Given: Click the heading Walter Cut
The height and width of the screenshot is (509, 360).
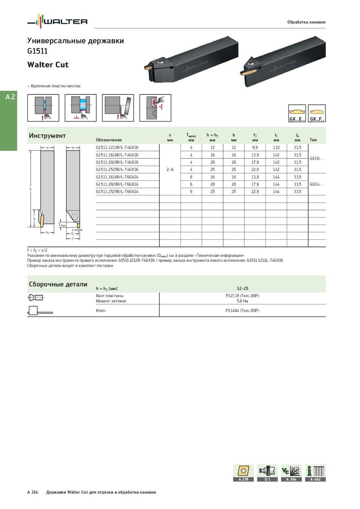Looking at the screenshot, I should (x=48, y=65).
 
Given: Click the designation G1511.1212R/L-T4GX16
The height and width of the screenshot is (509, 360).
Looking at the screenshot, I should (x=117, y=147).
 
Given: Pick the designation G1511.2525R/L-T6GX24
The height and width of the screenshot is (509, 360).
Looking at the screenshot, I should (x=117, y=192).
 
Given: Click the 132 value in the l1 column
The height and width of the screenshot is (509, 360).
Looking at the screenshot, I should (x=276, y=147).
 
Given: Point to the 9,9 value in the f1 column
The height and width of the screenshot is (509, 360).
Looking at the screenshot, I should (x=255, y=147).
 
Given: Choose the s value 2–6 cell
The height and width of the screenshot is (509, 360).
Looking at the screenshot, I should (x=170, y=170).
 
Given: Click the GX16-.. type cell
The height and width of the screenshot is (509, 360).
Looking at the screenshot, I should (x=317, y=158).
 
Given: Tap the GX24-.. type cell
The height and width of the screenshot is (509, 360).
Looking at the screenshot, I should (x=317, y=184).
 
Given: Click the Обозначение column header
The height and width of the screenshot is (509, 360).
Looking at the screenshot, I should (x=109, y=140).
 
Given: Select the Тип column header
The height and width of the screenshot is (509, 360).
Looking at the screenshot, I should (x=313, y=140).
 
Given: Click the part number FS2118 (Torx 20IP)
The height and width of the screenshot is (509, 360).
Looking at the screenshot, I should (x=243, y=296).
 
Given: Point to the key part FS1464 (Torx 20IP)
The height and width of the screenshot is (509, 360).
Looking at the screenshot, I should (x=243, y=311).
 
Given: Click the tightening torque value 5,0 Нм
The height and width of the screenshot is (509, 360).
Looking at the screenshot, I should (x=243, y=301).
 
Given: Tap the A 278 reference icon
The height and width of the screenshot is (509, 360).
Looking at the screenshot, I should (x=243, y=473).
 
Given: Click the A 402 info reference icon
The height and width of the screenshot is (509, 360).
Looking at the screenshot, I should (x=315, y=473).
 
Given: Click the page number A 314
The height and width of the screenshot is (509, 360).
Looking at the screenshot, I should (x=33, y=492).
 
